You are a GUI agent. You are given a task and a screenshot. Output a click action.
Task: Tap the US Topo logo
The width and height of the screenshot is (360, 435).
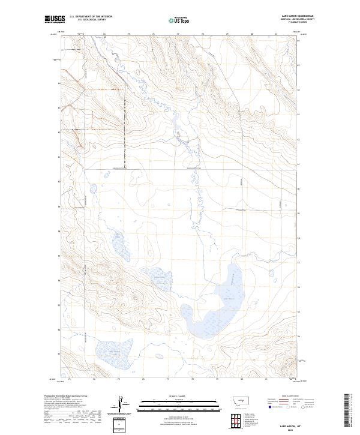(181, 20)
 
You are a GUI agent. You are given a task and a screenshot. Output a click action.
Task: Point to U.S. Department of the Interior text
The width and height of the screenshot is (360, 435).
(91, 16)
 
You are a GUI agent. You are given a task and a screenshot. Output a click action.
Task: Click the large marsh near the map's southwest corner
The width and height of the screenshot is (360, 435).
(110, 353)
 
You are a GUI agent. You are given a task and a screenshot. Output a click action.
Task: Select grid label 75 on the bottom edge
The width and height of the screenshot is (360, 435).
(119, 379)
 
